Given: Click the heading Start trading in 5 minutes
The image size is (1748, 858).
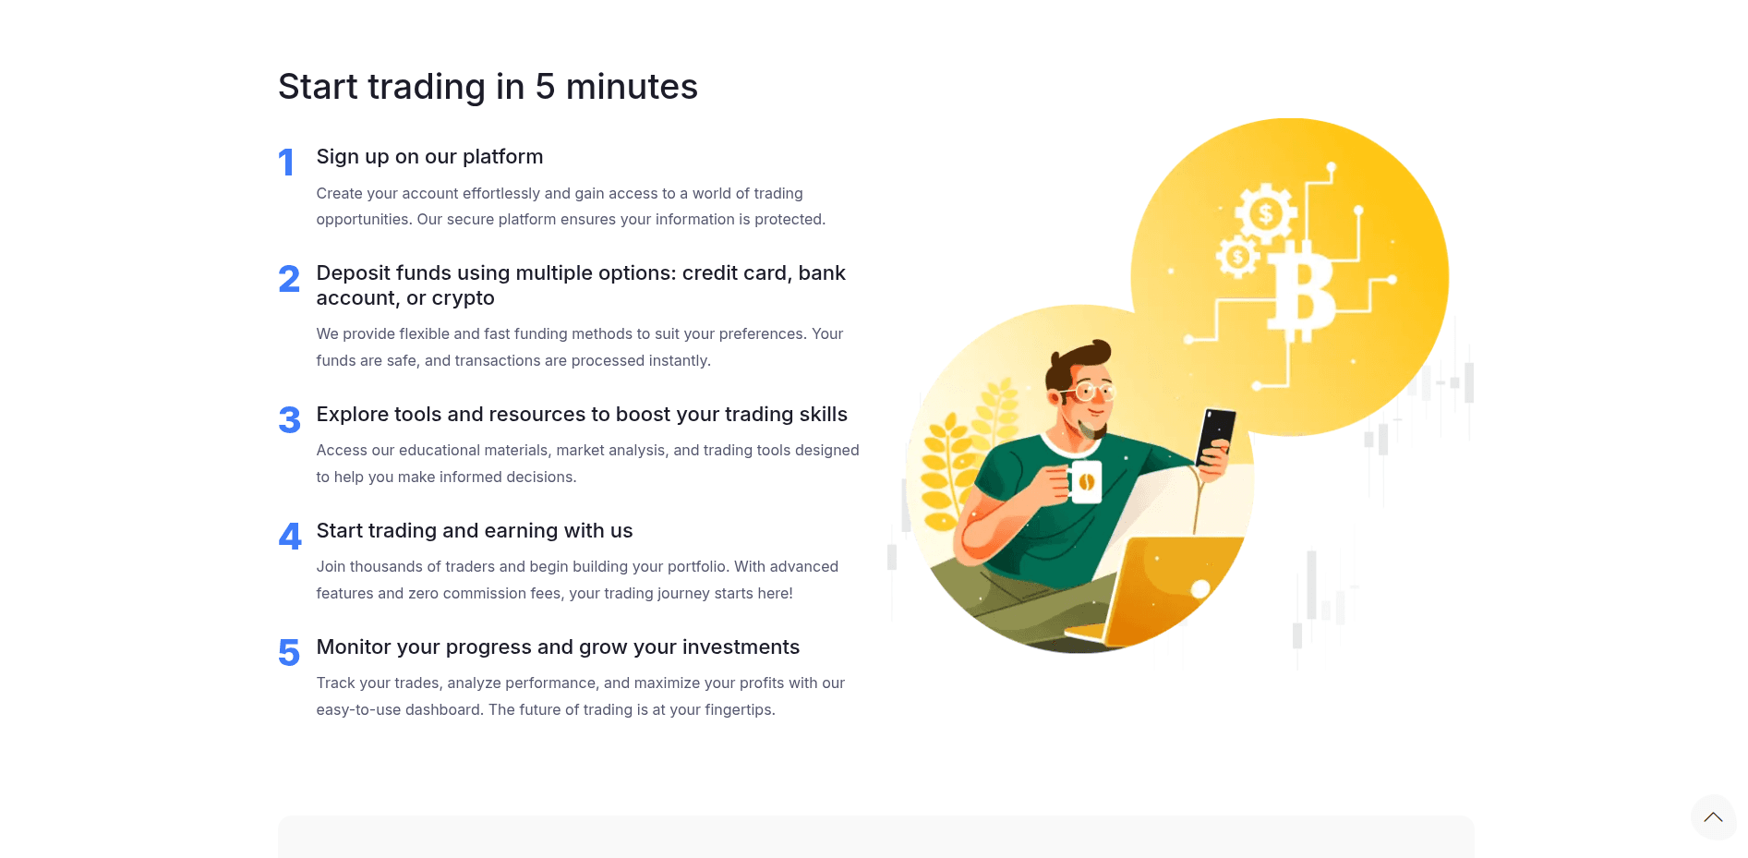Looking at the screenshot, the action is click(x=488, y=87).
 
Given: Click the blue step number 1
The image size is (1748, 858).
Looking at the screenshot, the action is click(x=286, y=163).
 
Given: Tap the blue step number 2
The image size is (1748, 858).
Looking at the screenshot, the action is click(x=289, y=279).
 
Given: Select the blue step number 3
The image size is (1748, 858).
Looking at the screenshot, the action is click(x=289, y=420).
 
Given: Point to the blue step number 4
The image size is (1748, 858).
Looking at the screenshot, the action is click(x=290, y=537).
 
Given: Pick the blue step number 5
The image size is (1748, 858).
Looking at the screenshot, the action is click(x=289, y=653).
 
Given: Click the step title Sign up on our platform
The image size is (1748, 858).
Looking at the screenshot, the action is click(x=429, y=157).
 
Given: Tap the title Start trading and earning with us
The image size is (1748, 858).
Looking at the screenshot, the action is click(x=475, y=531).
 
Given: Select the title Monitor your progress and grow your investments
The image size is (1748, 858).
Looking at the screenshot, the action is click(x=558, y=647).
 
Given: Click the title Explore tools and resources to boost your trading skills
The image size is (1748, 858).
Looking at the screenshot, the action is click(x=582, y=415).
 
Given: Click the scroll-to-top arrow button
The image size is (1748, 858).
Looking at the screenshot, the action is click(x=1714, y=817).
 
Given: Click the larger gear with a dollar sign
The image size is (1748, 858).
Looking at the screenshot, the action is click(x=1266, y=214).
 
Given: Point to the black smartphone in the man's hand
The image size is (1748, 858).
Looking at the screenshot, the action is click(x=1215, y=436).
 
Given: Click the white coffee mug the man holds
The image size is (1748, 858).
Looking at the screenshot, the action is click(x=1085, y=481).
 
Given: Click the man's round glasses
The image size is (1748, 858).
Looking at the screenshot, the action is click(x=1091, y=393).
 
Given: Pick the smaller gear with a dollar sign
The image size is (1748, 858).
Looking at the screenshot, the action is click(x=1237, y=257).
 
